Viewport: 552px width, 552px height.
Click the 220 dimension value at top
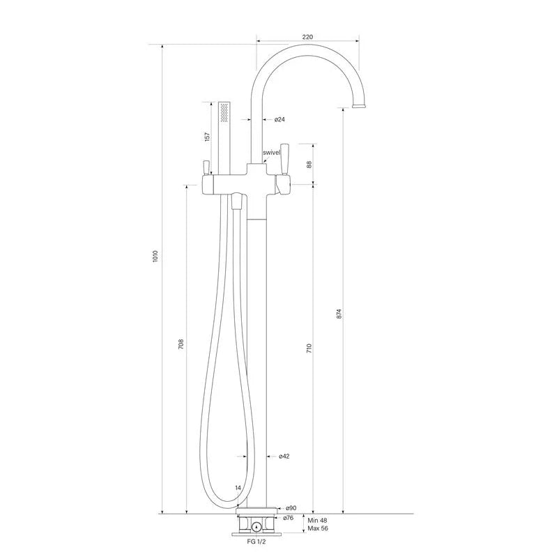click(307, 37)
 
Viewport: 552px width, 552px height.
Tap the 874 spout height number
click(339, 314)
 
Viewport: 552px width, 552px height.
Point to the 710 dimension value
click(309, 348)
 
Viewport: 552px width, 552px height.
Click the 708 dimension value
click(181, 344)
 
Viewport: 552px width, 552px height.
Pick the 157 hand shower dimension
click(207, 137)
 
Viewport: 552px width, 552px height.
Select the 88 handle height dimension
click(309, 164)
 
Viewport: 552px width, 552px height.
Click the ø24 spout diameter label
click(279, 119)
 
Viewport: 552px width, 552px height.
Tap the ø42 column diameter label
click(284, 457)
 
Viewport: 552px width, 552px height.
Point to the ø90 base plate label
click(291, 508)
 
